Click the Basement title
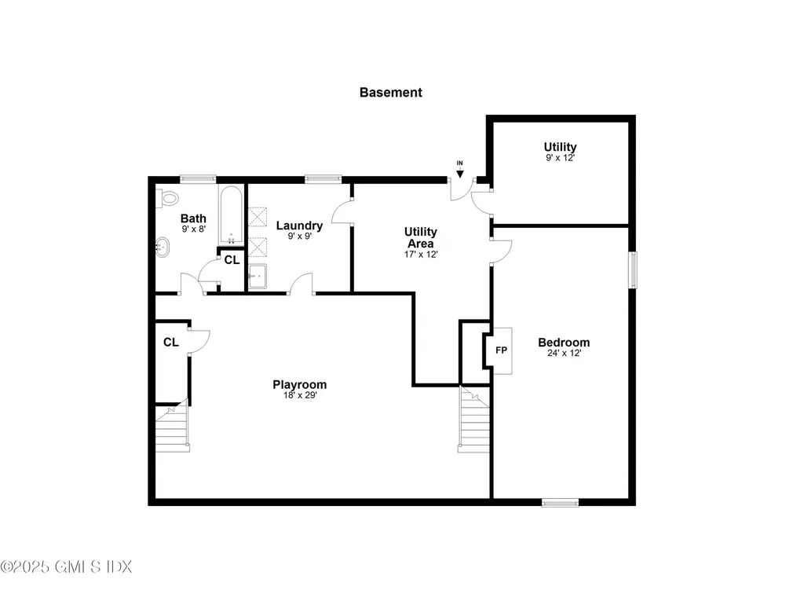click(x=390, y=92)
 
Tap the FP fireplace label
click(x=501, y=350)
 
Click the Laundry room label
click(x=299, y=225)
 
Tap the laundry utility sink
click(x=258, y=276)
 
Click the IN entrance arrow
click(x=460, y=169)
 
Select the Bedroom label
click(x=563, y=343)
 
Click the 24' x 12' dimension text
click(x=563, y=354)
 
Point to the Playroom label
click(x=299, y=384)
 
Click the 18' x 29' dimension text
click(x=299, y=395)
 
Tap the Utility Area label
click(x=420, y=237)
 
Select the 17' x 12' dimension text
click(x=420, y=254)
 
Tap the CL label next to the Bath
click(x=232, y=259)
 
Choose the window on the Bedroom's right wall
click(x=633, y=269)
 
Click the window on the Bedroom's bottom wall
click(x=560, y=502)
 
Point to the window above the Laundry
click(x=323, y=178)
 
